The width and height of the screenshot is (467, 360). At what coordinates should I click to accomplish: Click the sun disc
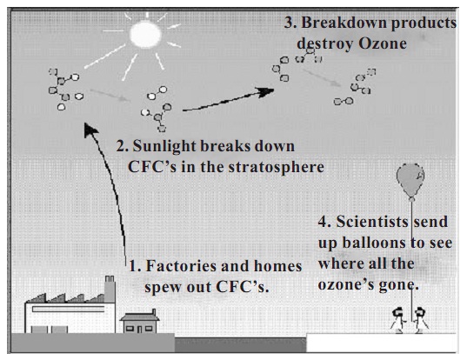[145, 34]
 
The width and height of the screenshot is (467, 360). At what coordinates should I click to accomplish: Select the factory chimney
[110, 289]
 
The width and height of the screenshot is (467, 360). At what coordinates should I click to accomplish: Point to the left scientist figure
[398, 320]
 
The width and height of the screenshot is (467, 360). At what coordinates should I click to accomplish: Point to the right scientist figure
[420, 320]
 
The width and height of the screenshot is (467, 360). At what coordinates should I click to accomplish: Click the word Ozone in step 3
[383, 43]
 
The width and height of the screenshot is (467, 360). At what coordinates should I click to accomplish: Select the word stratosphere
[276, 168]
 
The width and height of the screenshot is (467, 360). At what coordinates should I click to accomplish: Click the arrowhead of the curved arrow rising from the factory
[90, 130]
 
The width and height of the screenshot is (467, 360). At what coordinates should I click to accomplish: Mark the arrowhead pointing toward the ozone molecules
[266, 91]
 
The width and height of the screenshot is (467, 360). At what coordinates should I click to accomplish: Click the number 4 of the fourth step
[323, 222]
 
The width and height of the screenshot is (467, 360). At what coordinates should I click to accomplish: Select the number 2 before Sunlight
[121, 147]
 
